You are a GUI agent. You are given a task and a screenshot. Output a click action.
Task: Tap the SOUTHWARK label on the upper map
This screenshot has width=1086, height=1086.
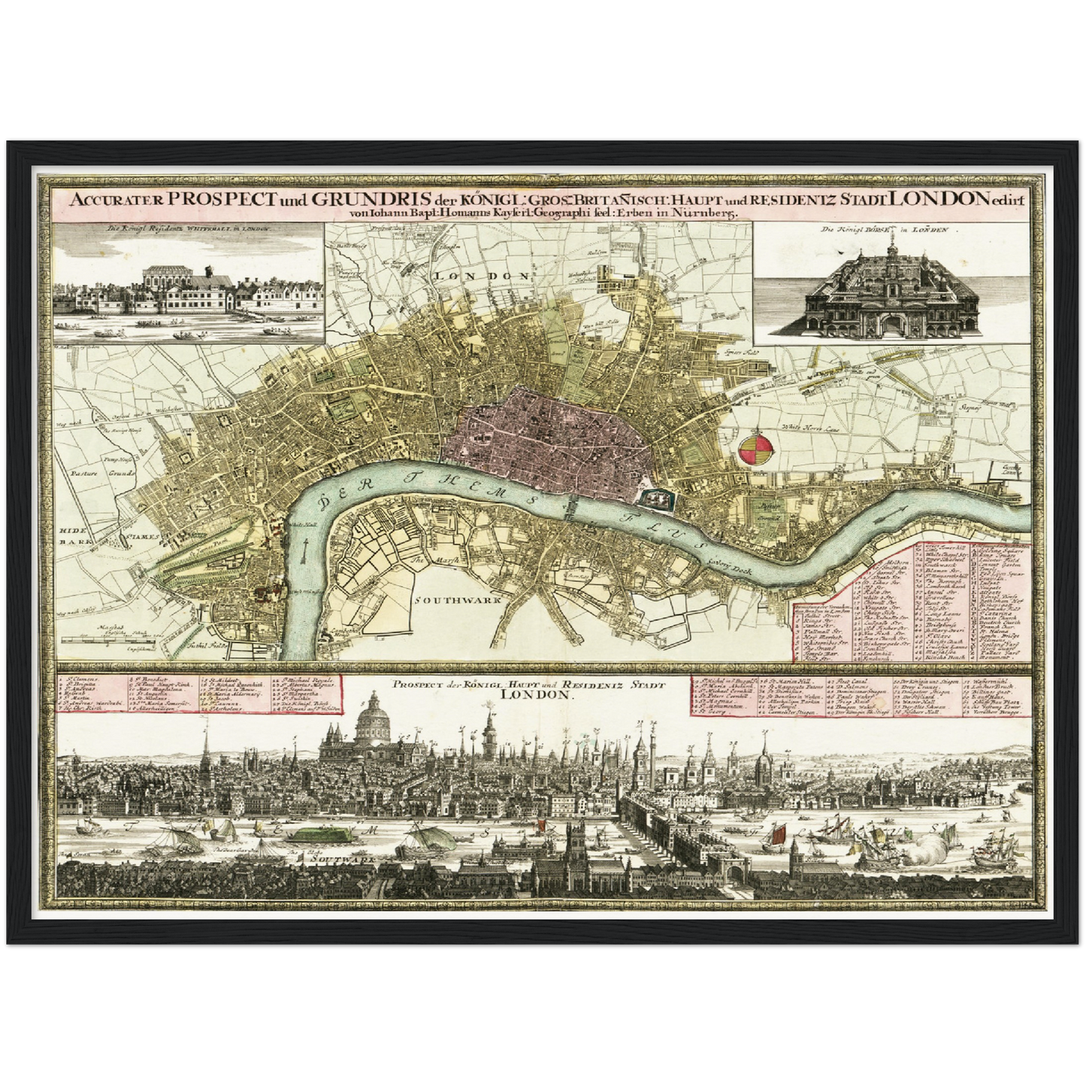click(448, 601)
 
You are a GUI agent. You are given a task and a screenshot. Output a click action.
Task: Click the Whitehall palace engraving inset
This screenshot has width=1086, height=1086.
click(188, 286)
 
